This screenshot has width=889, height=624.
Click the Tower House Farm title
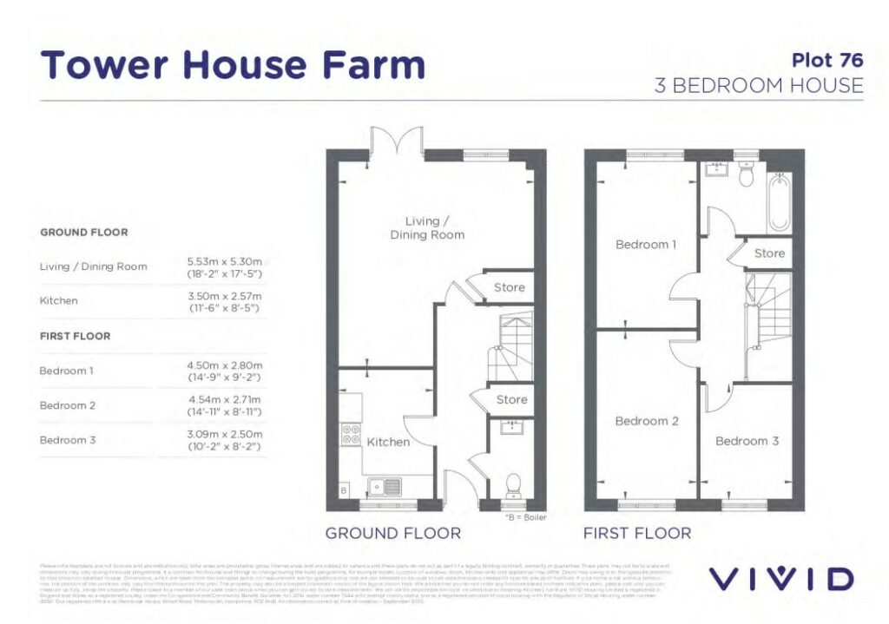click(234, 66)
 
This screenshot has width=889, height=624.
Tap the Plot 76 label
click(827, 60)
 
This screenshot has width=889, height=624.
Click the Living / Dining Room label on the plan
click(426, 227)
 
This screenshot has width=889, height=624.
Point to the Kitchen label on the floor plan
click(388, 442)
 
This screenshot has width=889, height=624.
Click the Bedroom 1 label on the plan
click(645, 245)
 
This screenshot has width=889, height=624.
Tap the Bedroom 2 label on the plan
click(646, 421)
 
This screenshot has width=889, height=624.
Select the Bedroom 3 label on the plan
click(747, 441)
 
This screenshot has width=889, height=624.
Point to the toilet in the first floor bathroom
click(744, 176)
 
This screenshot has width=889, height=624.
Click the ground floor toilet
click(512, 482)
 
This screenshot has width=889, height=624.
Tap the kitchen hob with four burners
click(352, 433)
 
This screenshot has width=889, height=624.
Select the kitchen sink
click(382, 486)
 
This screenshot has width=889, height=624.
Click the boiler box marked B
click(342, 491)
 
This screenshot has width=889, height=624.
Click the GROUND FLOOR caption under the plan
click(392, 533)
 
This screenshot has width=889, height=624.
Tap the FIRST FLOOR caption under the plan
click(637, 533)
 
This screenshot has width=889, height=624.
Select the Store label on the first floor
click(769, 253)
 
